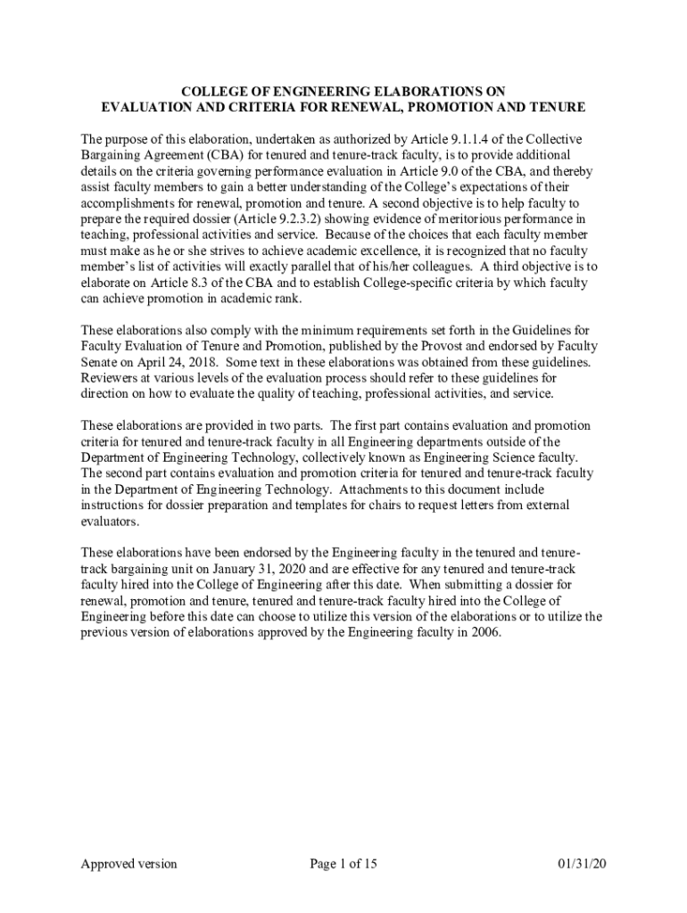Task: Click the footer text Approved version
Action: click(128, 863)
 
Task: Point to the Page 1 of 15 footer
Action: click(343, 863)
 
